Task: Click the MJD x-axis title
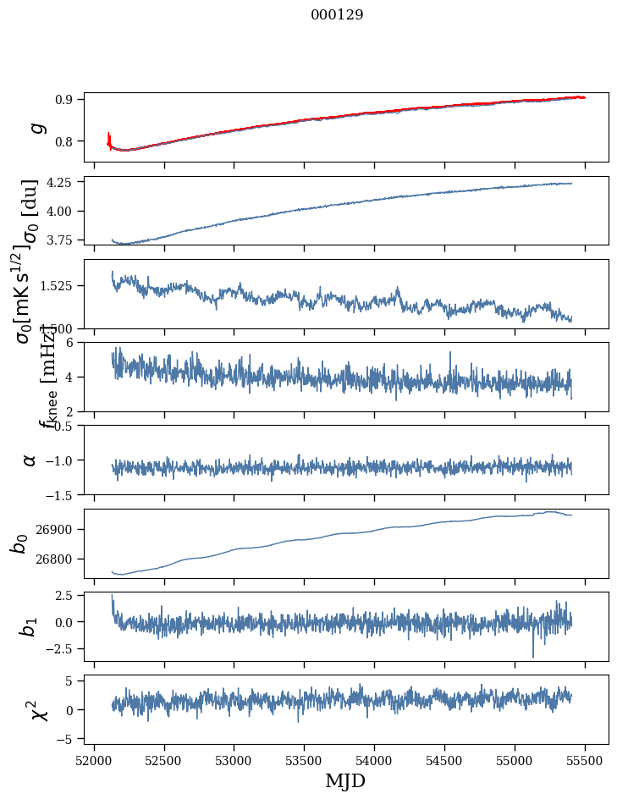[345, 781]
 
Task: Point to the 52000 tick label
[94, 761]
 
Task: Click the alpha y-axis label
[30, 460]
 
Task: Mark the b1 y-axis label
[30, 626]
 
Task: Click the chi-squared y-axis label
[38, 709]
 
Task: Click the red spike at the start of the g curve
[109, 136]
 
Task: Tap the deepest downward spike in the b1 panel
[533, 656]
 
